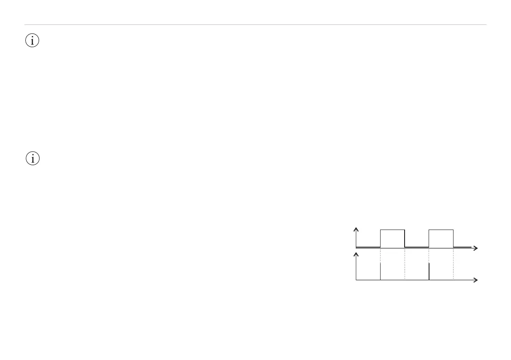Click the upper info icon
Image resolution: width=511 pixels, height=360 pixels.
(33, 41)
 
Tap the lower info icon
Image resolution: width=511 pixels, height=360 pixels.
(33, 158)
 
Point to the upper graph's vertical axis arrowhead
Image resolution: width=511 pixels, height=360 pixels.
(356, 230)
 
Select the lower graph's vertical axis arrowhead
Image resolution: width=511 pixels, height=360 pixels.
(356, 255)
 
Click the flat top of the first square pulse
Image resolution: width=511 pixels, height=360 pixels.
(392, 230)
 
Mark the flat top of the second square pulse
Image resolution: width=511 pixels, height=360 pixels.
(441, 230)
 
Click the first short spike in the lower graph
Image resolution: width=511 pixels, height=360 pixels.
(381, 271)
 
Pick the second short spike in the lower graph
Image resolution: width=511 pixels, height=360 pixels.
(429, 271)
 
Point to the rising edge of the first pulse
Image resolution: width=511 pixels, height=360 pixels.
(381, 239)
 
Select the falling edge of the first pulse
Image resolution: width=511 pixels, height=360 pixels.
(405, 239)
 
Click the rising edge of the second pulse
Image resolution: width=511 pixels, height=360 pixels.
(429, 239)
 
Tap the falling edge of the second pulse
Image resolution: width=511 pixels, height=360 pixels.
(454, 239)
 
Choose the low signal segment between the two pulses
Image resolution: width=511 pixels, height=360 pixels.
(417, 247)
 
